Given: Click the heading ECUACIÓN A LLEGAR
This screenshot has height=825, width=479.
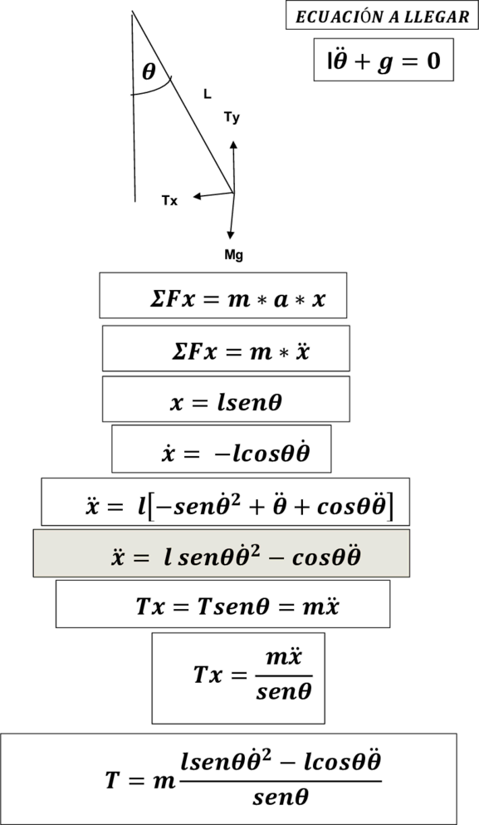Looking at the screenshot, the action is coord(382,17).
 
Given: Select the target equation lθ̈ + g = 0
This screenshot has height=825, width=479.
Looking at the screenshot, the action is coord(384,61).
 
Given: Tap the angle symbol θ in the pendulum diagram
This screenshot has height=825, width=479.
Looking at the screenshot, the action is coord(149,71).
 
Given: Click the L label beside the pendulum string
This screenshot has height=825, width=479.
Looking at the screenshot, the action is coord(208,94).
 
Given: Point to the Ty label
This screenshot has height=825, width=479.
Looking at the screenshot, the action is coord(232,117).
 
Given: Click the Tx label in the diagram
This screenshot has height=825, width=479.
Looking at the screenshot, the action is coord(169,200).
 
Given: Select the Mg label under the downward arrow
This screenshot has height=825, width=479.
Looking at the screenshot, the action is coord(233,255).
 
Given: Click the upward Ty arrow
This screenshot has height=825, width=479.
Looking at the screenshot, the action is coord(233,167).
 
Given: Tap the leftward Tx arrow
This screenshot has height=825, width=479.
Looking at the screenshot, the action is coord(213,196).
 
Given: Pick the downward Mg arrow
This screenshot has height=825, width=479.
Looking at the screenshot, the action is coord(232,216).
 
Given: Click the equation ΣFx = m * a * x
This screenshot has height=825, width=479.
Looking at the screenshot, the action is coord(237,299).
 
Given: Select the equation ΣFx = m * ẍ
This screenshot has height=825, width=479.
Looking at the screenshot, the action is coord(240,351).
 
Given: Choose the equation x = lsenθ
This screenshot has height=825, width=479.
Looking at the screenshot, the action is coord(226,402).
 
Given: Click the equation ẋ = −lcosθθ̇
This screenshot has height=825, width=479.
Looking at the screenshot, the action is coord(236,452).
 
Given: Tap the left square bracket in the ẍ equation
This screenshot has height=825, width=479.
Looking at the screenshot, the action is coord(151,506).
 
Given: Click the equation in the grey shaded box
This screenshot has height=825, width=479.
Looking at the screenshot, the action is coord(236,556).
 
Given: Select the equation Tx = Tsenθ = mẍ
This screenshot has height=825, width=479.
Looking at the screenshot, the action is coord(237,606).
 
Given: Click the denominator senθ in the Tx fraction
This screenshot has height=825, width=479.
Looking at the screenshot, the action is coord(283,691).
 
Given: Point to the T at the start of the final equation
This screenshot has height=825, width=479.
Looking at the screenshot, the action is coord(113,780).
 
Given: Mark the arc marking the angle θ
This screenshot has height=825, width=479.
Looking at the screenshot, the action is coord(154,91).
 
